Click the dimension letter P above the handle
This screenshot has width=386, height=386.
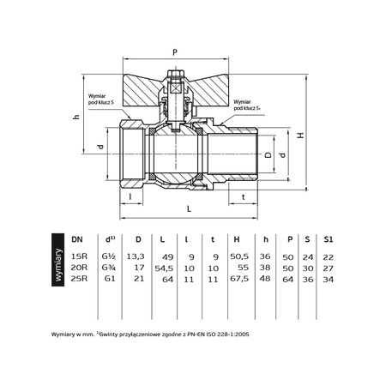(x=177, y=50)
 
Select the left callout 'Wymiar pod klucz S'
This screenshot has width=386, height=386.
(x=106, y=101)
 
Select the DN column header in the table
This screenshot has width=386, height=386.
(x=77, y=240)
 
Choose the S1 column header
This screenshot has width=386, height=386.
(x=328, y=240)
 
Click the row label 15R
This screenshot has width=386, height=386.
(x=78, y=256)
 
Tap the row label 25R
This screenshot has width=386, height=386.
(x=78, y=279)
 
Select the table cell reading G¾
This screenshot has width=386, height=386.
(x=110, y=268)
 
